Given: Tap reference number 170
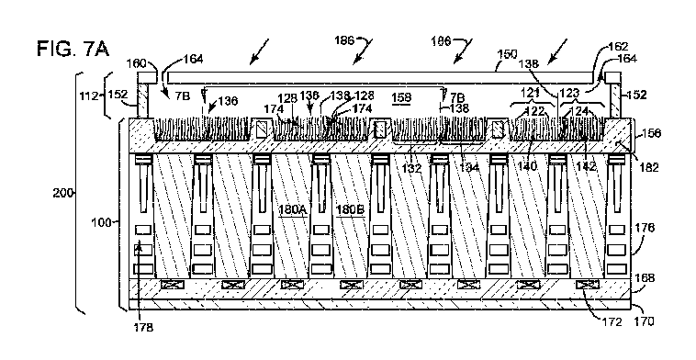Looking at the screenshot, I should (645, 322).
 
